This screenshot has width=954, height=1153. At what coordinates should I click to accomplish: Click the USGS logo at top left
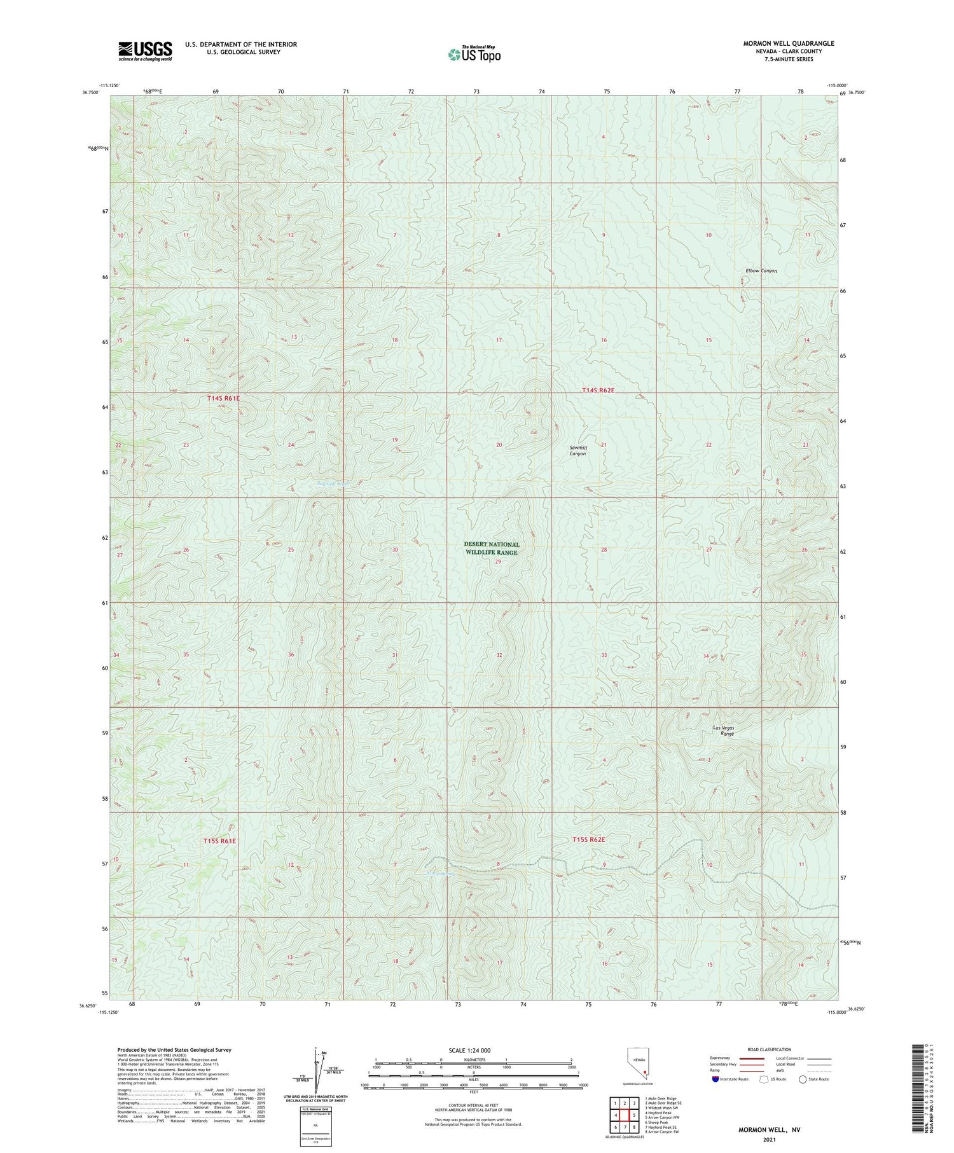[x=145, y=51]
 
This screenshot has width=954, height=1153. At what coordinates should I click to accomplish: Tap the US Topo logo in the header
[x=474, y=55]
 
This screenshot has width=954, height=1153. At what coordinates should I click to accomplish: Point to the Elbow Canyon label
[x=761, y=271]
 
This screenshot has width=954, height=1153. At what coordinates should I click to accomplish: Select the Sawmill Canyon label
[x=578, y=451]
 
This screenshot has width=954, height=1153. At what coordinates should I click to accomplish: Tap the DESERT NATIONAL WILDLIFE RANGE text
[x=491, y=548]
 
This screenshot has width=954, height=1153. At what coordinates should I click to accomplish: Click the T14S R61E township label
[x=223, y=398]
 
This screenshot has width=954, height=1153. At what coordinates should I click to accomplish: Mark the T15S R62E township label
[x=588, y=840]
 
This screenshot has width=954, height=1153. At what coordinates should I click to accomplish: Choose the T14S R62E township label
[x=598, y=390]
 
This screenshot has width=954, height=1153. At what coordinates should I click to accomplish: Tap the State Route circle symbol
[x=803, y=1079]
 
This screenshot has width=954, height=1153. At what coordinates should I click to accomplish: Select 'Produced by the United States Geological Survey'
[x=174, y=1050]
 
